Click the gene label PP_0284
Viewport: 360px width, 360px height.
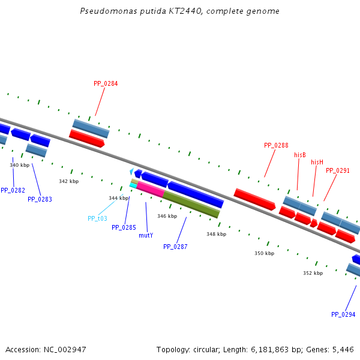(106, 83)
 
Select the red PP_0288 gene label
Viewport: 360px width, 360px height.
(276, 145)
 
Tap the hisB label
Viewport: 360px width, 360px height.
(300, 155)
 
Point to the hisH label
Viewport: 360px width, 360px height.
(317, 162)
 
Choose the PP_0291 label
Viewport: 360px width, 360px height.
(338, 170)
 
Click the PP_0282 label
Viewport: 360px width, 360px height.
(13, 190)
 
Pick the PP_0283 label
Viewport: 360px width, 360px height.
(40, 199)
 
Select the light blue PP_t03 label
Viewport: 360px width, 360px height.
(97, 218)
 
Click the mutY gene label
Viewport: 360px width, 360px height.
(146, 235)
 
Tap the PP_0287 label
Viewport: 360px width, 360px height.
(175, 247)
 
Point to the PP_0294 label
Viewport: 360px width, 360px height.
(343, 314)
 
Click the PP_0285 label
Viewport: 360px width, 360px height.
(124, 227)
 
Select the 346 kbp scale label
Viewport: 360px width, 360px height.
(167, 216)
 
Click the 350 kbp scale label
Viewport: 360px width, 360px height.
(264, 253)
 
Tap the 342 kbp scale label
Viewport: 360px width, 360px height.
(68, 181)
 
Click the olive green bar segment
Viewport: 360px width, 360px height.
(191, 204)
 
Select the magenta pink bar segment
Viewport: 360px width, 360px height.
(150, 190)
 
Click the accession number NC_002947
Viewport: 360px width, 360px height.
(67, 349)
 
